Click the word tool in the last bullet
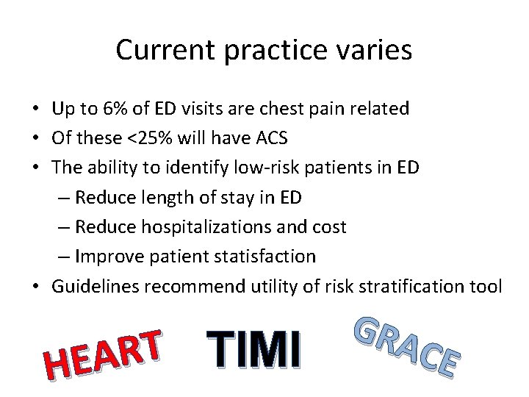(x=485, y=286)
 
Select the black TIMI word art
(x=253, y=347)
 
